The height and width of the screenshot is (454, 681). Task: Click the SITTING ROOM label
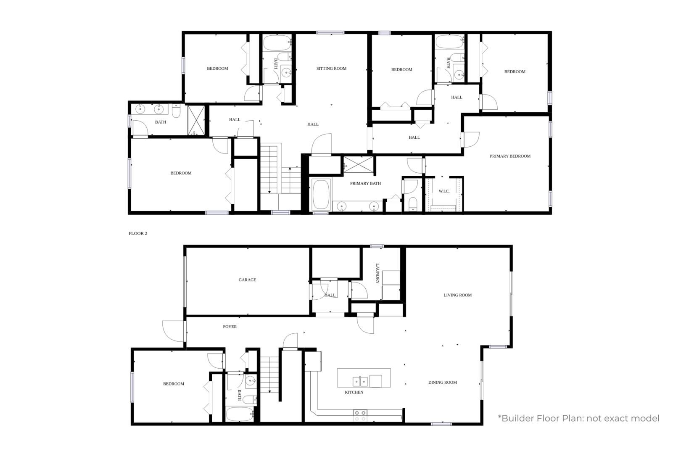[x=331, y=69]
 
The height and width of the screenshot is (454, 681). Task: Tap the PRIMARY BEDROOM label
[x=510, y=156]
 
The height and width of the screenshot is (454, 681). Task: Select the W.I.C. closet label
[x=444, y=191]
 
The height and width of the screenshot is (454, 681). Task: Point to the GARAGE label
[x=247, y=280]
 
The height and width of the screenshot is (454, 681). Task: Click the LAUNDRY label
[x=377, y=273]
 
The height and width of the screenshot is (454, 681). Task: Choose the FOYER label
[x=230, y=327]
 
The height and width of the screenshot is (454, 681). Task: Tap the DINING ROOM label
[x=443, y=382]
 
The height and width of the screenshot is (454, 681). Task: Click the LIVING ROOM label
[x=457, y=295]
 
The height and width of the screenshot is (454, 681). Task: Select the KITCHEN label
[x=354, y=392]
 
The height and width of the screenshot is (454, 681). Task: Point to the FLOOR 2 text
[x=138, y=233]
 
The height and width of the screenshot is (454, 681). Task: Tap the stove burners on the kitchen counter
[x=360, y=416]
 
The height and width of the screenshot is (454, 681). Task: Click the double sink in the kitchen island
[x=360, y=381]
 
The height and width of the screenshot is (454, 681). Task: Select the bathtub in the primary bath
[x=321, y=195]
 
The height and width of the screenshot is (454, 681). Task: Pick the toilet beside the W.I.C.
[x=412, y=204]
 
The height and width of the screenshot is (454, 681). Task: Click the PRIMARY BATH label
[x=365, y=183]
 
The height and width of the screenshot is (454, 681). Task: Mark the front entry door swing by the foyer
[x=173, y=331]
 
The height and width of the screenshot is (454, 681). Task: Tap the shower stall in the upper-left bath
[x=196, y=120]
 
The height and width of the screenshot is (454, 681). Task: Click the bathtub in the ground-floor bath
[x=240, y=414]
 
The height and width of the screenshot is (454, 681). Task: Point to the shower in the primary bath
[x=359, y=165]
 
